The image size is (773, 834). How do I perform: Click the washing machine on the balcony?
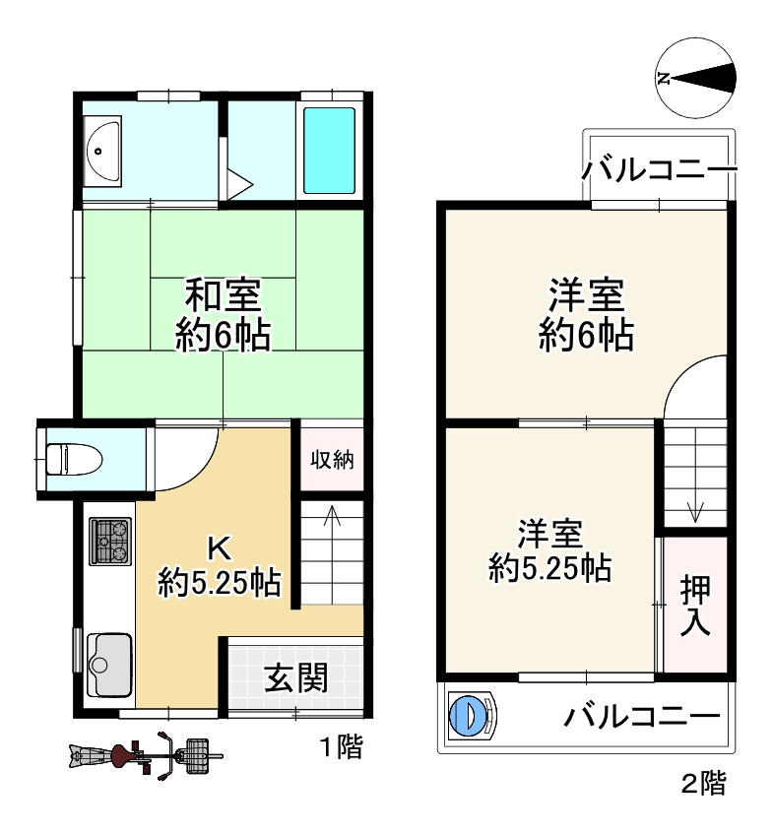click(x=470, y=713)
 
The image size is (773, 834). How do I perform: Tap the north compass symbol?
click(x=696, y=77)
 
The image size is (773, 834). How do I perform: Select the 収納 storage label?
click(x=332, y=459)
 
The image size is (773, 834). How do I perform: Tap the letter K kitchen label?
click(x=220, y=546)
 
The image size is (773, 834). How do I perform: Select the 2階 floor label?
click(x=703, y=784)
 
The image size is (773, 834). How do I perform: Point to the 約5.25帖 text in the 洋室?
click(x=550, y=568)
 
